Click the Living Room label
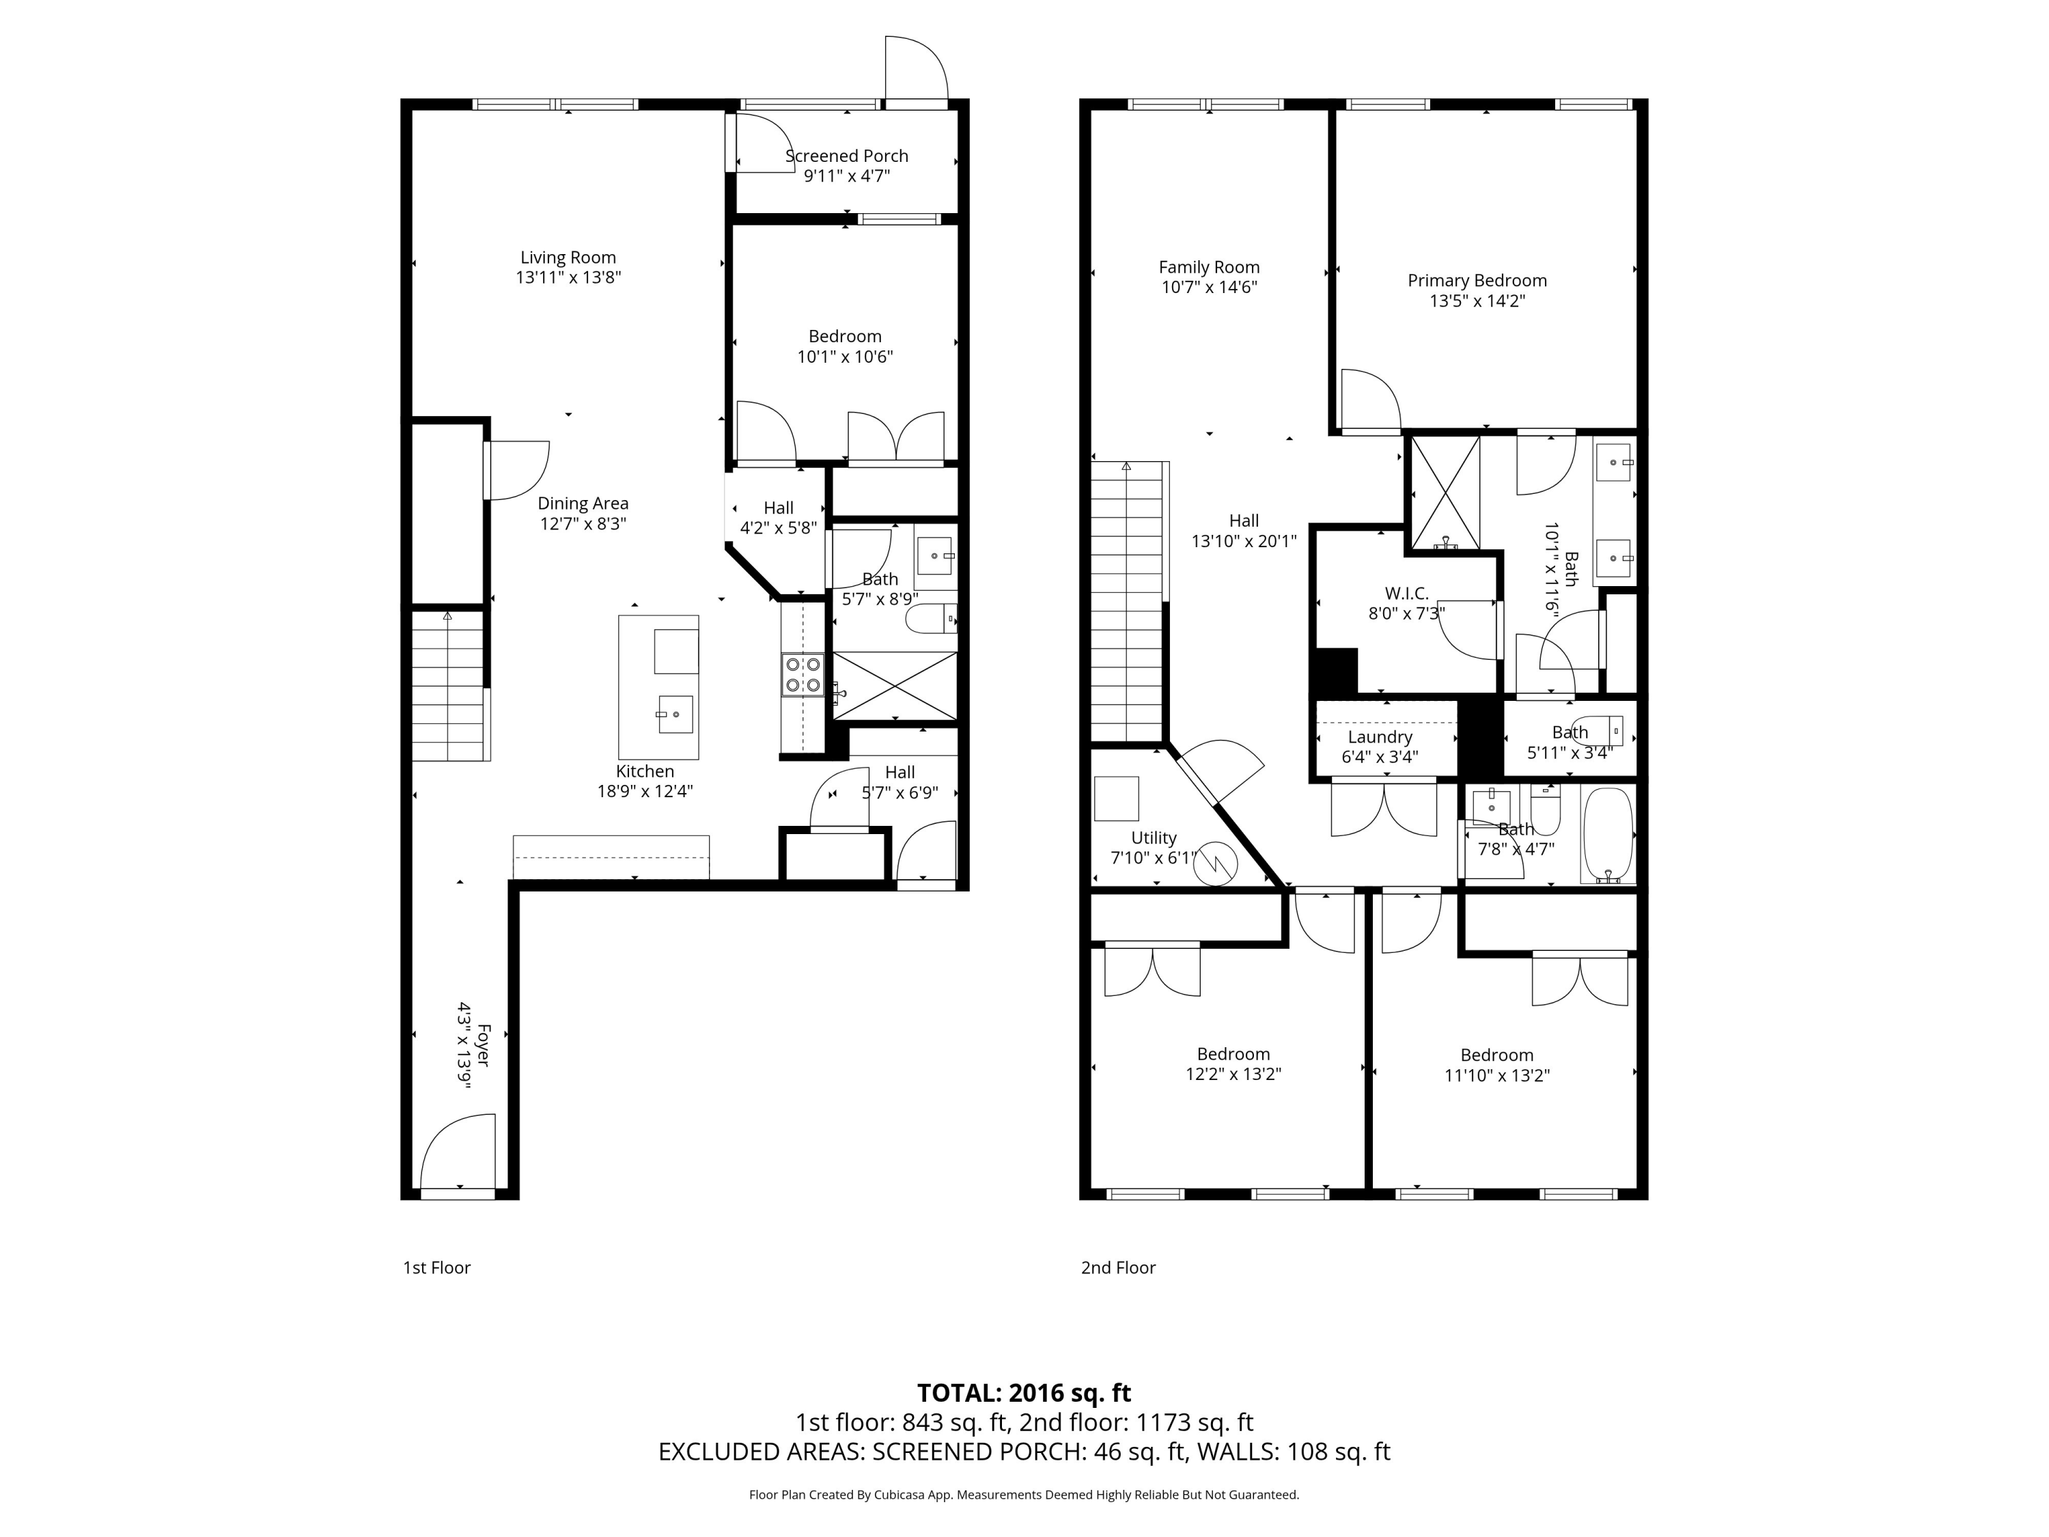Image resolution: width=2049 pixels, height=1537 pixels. click(x=568, y=258)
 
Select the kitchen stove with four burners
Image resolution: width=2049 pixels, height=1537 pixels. click(x=803, y=674)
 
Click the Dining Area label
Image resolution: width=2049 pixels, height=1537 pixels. click(x=583, y=503)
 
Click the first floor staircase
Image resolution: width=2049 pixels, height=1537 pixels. click(x=448, y=686)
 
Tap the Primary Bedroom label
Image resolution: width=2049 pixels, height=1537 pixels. click(x=1477, y=281)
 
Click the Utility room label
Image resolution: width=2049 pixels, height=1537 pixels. click(x=1154, y=837)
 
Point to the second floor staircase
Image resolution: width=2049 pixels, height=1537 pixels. click(x=1126, y=603)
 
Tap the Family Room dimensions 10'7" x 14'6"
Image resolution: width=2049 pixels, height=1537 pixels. click(x=1209, y=287)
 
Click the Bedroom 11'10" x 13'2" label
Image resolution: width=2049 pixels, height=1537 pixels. click(x=1496, y=1055)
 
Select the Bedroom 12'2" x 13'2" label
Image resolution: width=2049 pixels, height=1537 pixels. click(x=1233, y=1054)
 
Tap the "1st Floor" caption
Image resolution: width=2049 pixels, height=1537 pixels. click(x=436, y=1267)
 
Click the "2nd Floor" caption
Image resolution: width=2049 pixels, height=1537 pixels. click(x=1118, y=1267)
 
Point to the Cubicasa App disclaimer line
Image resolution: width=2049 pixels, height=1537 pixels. click(x=1024, y=1495)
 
